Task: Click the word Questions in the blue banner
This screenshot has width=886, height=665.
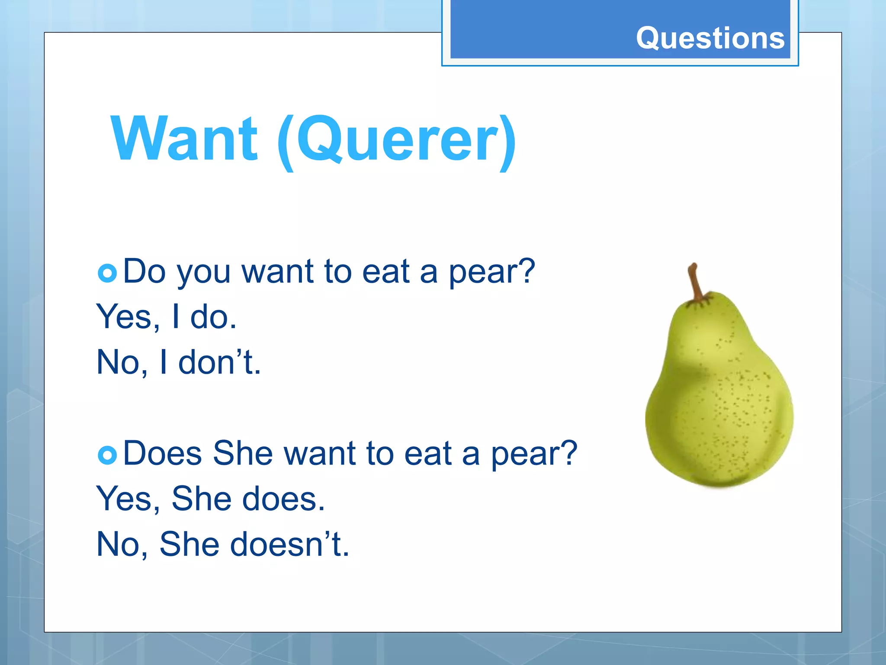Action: pyautogui.click(x=710, y=38)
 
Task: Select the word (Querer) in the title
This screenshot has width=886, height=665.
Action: pyautogui.click(x=397, y=141)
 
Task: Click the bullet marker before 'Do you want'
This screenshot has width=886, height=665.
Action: pyautogui.click(x=107, y=273)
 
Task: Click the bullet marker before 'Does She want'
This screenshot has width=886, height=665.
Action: pyautogui.click(x=107, y=455)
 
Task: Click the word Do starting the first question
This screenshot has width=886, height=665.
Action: pyautogui.click(x=144, y=271)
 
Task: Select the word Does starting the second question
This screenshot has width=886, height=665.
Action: pyautogui.click(x=162, y=453)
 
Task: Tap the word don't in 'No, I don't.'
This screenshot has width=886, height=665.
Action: pyautogui.click(x=219, y=362)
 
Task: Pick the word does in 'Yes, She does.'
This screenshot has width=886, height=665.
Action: pyautogui.click(x=283, y=499)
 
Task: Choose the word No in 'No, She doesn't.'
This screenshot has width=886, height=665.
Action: pyautogui.click(x=121, y=544)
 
